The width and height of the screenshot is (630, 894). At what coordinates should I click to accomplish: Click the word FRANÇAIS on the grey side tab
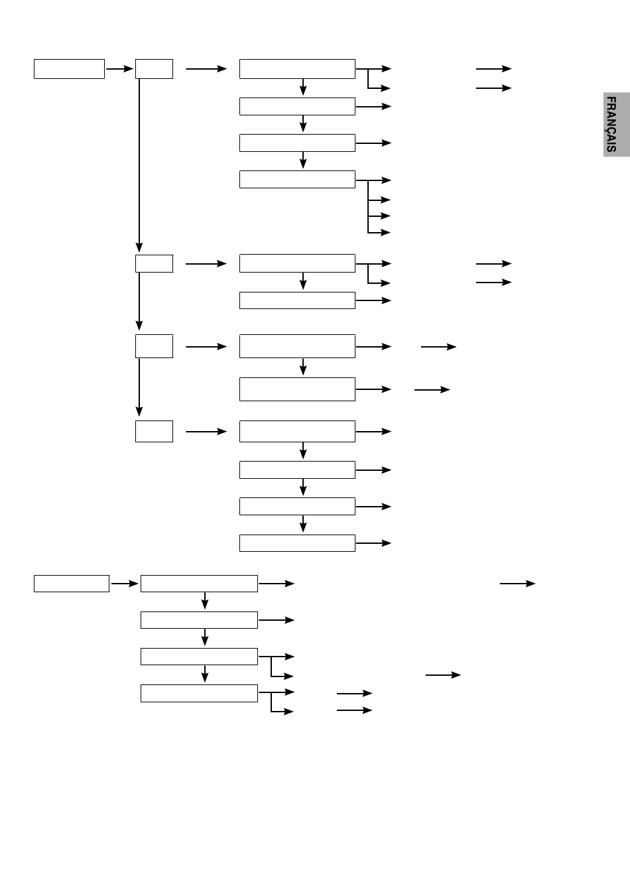(611, 125)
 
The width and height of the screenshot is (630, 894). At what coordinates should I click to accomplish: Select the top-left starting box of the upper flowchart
(70, 69)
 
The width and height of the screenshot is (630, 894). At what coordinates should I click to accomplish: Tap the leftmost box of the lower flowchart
(72, 584)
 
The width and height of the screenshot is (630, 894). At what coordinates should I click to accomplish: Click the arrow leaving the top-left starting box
(119, 69)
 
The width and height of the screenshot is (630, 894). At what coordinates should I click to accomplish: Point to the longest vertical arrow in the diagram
(139, 165)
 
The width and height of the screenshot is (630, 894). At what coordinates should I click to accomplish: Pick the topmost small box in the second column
(154, 69)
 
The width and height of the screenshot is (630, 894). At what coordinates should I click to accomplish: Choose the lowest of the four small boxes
(154, 432)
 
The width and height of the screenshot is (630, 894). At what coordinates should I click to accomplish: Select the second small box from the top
(154, 263)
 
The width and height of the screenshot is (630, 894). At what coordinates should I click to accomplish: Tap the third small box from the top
(154, 346)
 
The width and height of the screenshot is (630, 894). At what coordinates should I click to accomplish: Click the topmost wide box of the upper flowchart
(297, 69)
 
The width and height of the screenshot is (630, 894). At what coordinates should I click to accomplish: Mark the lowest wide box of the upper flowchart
(297, 543)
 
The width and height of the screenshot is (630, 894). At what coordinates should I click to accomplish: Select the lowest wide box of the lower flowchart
(199, 693)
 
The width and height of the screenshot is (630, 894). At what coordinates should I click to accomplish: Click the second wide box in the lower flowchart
(199, 620)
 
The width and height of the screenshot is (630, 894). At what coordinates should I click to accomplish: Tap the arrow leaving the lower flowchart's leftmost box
(125, 584)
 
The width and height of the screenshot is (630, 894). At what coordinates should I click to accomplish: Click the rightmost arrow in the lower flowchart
(517, 584)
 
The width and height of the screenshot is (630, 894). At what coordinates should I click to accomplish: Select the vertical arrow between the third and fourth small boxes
(139, 387)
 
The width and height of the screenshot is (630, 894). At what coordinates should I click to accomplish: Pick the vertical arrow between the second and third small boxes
(139, 302)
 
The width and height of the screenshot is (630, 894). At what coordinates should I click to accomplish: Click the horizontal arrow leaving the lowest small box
(206, 432)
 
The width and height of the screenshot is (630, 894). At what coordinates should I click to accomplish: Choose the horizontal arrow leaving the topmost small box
(206, 69)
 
